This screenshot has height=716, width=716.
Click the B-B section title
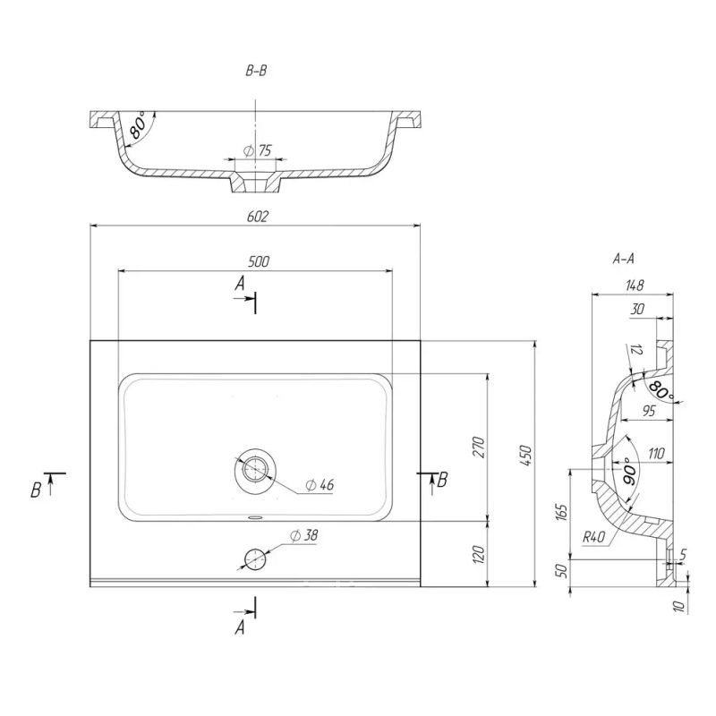click(x=256, y=71)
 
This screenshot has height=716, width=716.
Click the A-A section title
click(x=623, y=259)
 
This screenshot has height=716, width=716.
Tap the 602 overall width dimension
click(x=258, y=216)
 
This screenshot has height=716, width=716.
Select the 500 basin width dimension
click(x=259, y=261)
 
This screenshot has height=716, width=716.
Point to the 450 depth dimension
click(x=525, y=456)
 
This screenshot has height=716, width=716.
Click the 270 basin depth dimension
click(x=478, y=447)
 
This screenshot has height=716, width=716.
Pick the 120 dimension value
click(x=478, y=554)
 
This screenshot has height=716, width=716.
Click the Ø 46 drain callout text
click(x=320, y=484)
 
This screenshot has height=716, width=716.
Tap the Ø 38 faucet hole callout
click(x=304, y=535)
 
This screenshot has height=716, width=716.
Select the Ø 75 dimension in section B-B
click(x=258, y=150)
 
